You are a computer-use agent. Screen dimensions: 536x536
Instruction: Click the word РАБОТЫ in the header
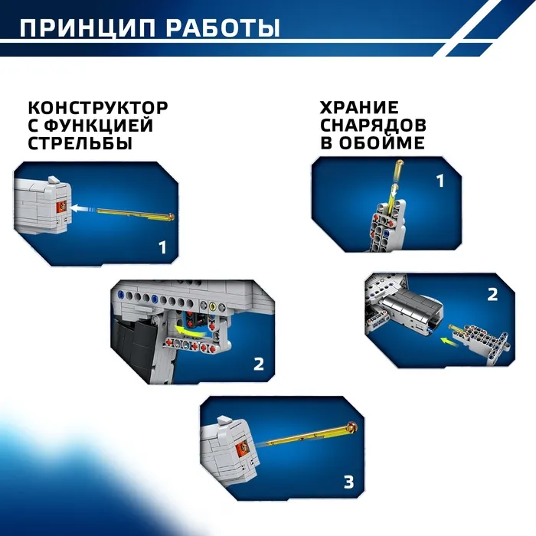224,28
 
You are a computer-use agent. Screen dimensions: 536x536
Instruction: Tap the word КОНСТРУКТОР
98,108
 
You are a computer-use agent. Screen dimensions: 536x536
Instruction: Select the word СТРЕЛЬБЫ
80,143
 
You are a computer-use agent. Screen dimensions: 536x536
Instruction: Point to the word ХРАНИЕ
359,107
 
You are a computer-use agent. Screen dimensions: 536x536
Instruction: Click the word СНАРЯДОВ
373,125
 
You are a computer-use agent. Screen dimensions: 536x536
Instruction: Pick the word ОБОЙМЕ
382,142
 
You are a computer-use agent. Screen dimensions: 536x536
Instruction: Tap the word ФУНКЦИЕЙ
99,126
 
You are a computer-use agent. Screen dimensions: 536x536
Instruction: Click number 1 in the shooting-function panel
162,247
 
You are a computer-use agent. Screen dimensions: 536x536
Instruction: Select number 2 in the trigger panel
259,364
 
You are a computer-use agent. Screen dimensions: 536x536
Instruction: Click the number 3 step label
348,482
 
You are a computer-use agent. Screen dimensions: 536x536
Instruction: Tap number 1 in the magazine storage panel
440,181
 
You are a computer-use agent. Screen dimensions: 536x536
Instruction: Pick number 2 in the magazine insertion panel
492,295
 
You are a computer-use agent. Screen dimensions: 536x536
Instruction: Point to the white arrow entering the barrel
81,208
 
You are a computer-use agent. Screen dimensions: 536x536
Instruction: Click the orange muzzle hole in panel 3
243,446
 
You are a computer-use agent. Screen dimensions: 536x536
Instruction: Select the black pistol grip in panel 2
139,348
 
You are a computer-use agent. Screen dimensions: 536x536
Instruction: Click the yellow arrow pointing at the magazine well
449,342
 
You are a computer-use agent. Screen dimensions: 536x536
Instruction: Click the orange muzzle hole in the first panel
62,206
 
